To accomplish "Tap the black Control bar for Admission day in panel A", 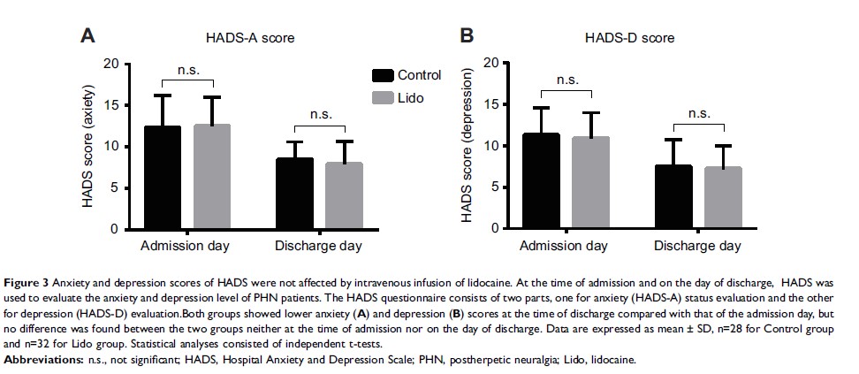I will click(163, 178).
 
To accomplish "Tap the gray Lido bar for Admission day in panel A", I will click(212, 177).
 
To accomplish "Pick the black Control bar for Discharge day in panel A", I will click(293, 194).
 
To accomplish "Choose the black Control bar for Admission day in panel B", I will click(542, 181).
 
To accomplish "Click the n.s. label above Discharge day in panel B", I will click(699, 112).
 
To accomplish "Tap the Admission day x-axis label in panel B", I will click(566, 245).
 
